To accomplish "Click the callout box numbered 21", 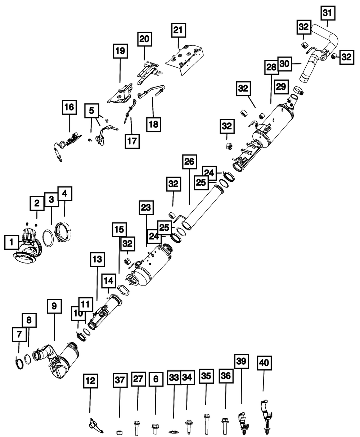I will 179,32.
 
